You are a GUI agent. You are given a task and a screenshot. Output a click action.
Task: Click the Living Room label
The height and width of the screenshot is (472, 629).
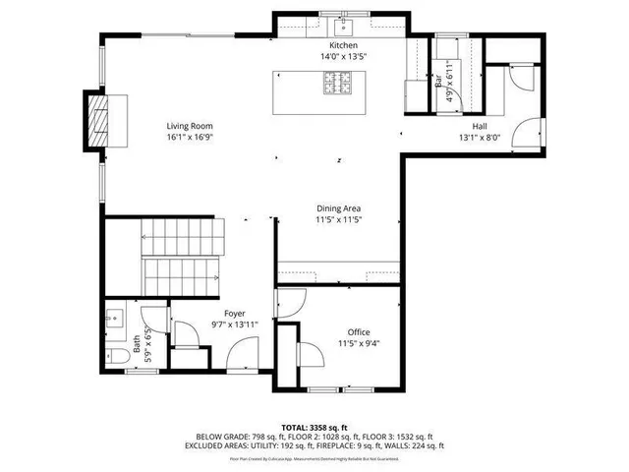[x=189, y=126]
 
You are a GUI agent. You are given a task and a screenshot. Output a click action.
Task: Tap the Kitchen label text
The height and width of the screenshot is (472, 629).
[x=343, y=46]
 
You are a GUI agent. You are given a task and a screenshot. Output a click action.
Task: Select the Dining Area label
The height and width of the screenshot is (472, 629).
[x=338, y=207]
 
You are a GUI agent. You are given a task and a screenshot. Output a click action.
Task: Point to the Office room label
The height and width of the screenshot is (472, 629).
[x=360, y=332]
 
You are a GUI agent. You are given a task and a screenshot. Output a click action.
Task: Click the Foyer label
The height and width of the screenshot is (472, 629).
[x=234, y=313]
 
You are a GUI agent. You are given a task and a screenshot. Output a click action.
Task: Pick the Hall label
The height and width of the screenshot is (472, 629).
[x=479, y=126]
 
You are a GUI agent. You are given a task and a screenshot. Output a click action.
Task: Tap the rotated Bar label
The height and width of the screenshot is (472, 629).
[x=438, y=83]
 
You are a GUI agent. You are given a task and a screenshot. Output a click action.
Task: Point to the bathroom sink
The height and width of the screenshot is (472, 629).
[x=115, y=319]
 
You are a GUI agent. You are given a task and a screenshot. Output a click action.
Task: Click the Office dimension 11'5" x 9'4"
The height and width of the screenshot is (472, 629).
[x=360, y=344]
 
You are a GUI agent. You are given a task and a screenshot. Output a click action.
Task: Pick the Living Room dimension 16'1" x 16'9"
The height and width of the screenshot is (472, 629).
[x=189, y=138]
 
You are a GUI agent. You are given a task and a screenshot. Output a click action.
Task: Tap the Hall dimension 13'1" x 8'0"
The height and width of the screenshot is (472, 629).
[x=479, y=138]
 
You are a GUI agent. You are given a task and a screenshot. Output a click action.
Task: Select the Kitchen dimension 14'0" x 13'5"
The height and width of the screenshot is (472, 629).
[x=343, y=57]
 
